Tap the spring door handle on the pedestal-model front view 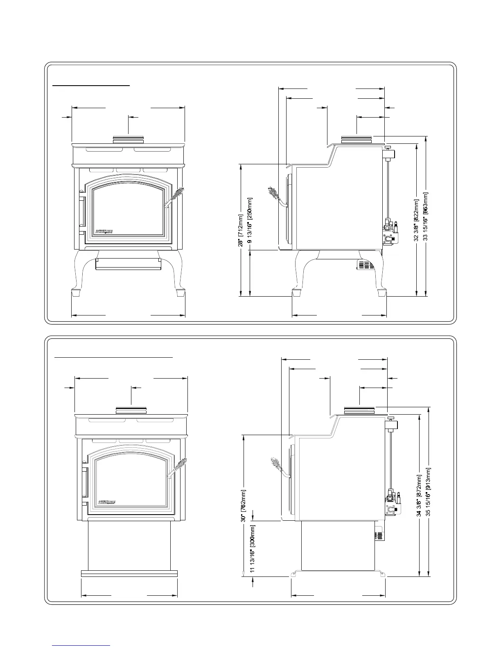click(177, 467)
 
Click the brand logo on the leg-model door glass click(104, 231)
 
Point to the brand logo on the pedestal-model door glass click(107, 502)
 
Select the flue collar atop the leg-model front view click(128, 140)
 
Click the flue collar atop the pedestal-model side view click(359, 410)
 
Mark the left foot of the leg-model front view click(76, 293)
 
